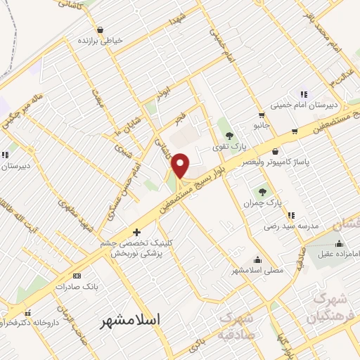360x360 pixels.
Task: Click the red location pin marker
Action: [181, 165]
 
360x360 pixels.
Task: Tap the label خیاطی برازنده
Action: [99, 41]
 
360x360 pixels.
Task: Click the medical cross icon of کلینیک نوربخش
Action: [136, 232]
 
